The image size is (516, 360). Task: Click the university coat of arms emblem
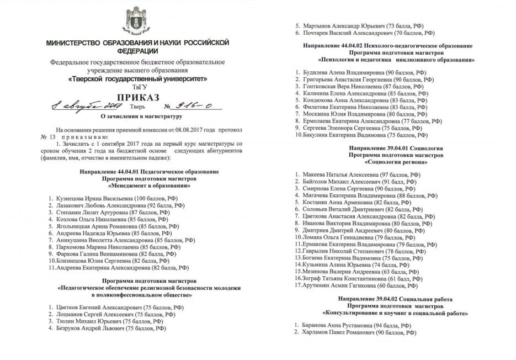click(x=136, y=20)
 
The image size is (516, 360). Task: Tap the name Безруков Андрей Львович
click(x=89, y=328)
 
